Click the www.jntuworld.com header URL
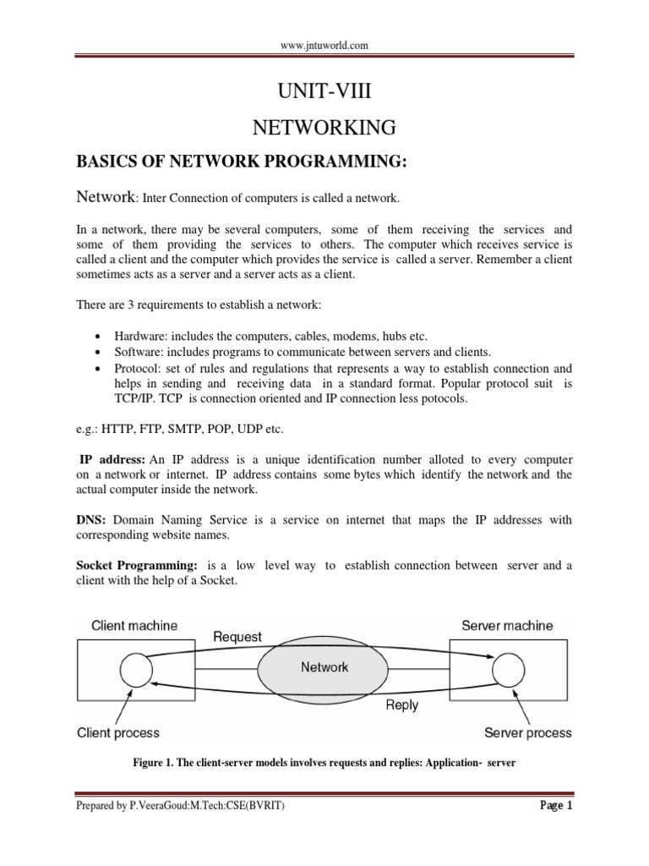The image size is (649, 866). [x=324, y=46]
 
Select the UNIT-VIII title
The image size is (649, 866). [x=324, y=90]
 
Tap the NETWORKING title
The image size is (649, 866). [x=324, y=128]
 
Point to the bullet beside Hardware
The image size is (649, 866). [x=98, y=337]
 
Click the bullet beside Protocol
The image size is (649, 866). [x=98, y=369]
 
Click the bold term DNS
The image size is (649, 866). [x=90, y=520]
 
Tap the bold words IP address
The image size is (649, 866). [x=112, y=459]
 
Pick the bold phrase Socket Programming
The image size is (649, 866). [x=136, y=566]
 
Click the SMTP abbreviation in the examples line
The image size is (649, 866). [x=186, y=429]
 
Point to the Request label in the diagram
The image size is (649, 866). [x=237, y=637]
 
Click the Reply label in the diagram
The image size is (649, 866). [x=401, y=705]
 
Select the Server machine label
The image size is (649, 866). [x=507, y=626]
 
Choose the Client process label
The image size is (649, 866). [x=118, y=733]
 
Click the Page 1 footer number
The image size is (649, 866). [x=556, y=806]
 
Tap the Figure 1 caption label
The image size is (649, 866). [x=153, y=764]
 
